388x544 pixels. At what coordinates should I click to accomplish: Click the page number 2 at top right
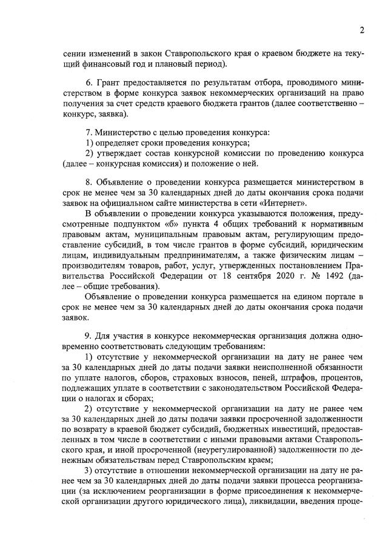pos(361,30)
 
